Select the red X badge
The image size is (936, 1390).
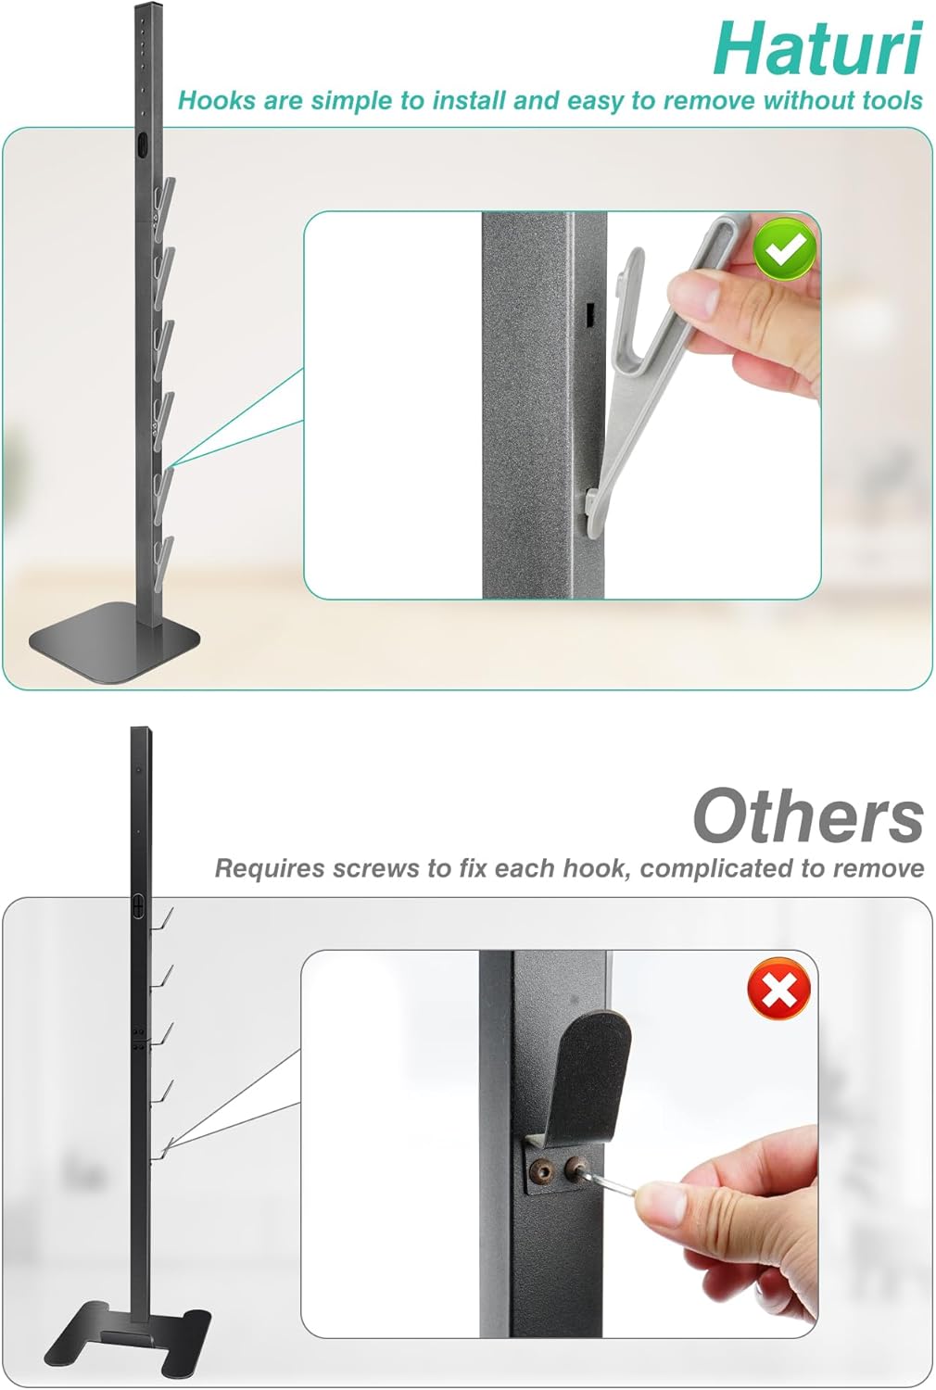(779, 990)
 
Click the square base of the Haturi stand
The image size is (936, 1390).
(115, 643)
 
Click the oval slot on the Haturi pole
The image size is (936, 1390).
(144, 147)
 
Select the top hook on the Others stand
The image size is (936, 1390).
(162, 918)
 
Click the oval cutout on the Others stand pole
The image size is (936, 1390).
(138, 906)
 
